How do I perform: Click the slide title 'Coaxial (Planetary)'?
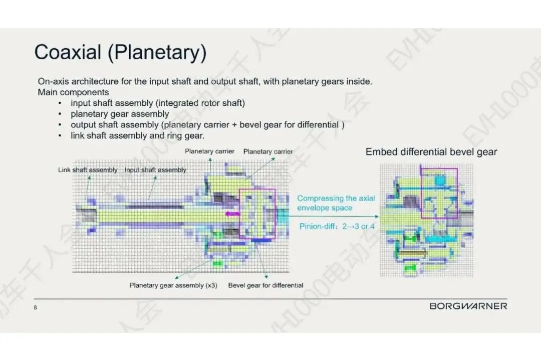tap(120, 52)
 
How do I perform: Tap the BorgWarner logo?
tap(468, 306)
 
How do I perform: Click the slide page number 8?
tap(36, 308)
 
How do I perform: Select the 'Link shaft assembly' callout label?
tap(88, 170)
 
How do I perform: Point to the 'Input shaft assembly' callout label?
tap(155, 170)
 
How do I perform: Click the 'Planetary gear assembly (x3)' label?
tap(173, 285)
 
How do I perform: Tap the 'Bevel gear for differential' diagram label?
tap(265, 285)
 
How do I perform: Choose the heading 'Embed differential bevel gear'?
tap(431, 152)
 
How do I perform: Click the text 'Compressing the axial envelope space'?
tap(336, 203)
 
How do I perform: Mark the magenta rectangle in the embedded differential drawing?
tap(439, 193)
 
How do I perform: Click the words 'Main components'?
tap(73, 92)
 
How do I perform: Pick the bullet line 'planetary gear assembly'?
tap(120, 114)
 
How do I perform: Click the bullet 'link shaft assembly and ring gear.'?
tap(137, 136)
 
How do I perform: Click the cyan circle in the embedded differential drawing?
tap(440, 179)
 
